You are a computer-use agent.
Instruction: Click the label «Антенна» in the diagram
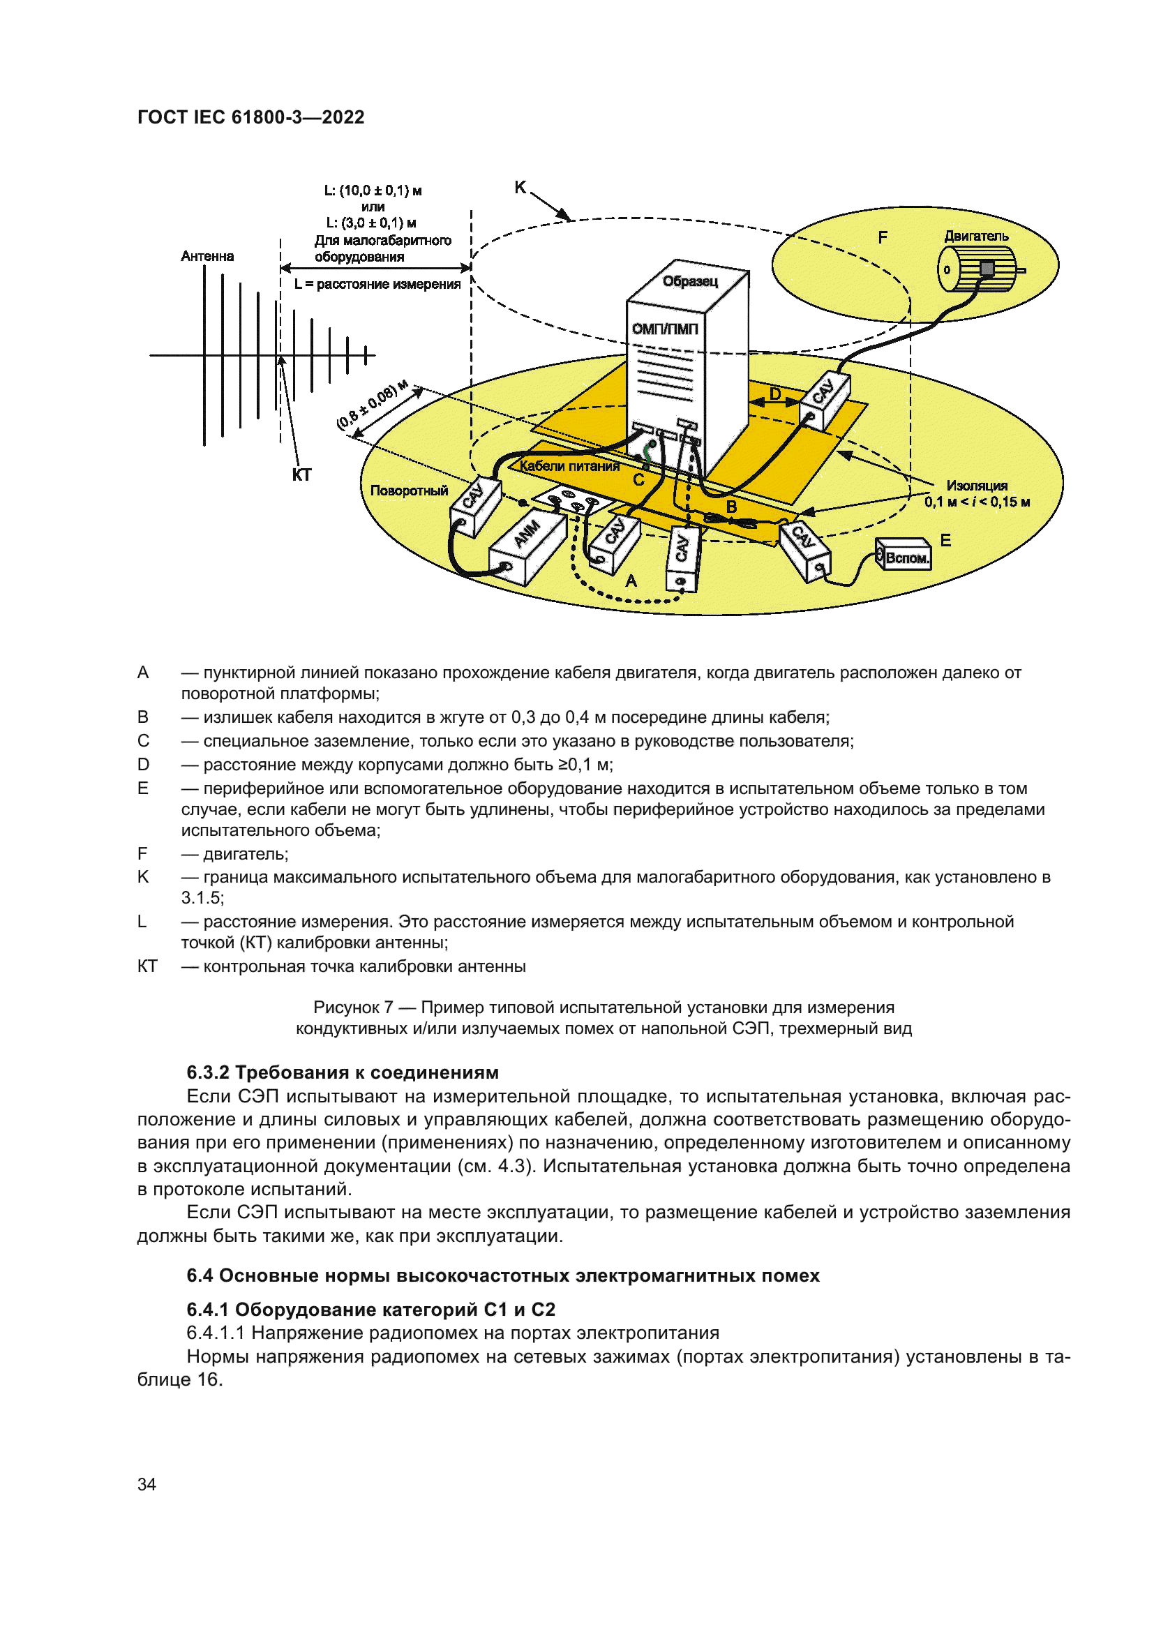point(207,257)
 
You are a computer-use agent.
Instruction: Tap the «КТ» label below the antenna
point(301,476)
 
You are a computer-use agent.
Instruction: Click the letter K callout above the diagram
point(520,188)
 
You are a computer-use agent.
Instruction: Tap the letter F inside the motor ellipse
point(883,237)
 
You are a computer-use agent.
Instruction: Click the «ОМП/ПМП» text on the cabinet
point(665,329)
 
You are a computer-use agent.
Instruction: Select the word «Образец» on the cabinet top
point(690,281)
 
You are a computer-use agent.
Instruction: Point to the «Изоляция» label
point(976,486)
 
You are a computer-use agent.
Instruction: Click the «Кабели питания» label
point(569,466)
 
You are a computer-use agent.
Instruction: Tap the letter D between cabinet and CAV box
point(775,394)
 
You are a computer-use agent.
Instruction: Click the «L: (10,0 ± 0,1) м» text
point(373,190)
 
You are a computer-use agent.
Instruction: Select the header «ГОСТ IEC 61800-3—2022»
point(251,117)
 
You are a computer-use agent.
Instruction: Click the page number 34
point(147,1484)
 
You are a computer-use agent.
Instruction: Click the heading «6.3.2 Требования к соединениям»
point(343,1072)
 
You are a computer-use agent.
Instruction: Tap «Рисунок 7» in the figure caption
point(353,1008)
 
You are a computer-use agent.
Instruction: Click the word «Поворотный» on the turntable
point(410,491)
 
